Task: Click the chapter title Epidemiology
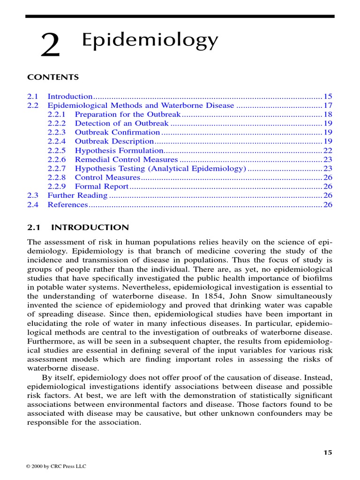point(150,41)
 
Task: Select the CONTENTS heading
point(53,77)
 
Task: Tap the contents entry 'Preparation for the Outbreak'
point(127,114)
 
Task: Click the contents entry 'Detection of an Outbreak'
point(121,123)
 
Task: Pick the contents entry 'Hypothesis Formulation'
point(119,150)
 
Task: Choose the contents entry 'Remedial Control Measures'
point(126,159)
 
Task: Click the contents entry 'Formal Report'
point(101,187)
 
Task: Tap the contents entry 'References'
point(67,204)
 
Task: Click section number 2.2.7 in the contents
point(57,168)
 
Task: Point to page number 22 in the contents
point(328,150)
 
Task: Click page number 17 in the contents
point(328,105)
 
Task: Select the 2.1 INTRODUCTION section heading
point(78,227)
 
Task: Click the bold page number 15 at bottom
point(328,452)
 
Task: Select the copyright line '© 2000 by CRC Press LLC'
point(57,466)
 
